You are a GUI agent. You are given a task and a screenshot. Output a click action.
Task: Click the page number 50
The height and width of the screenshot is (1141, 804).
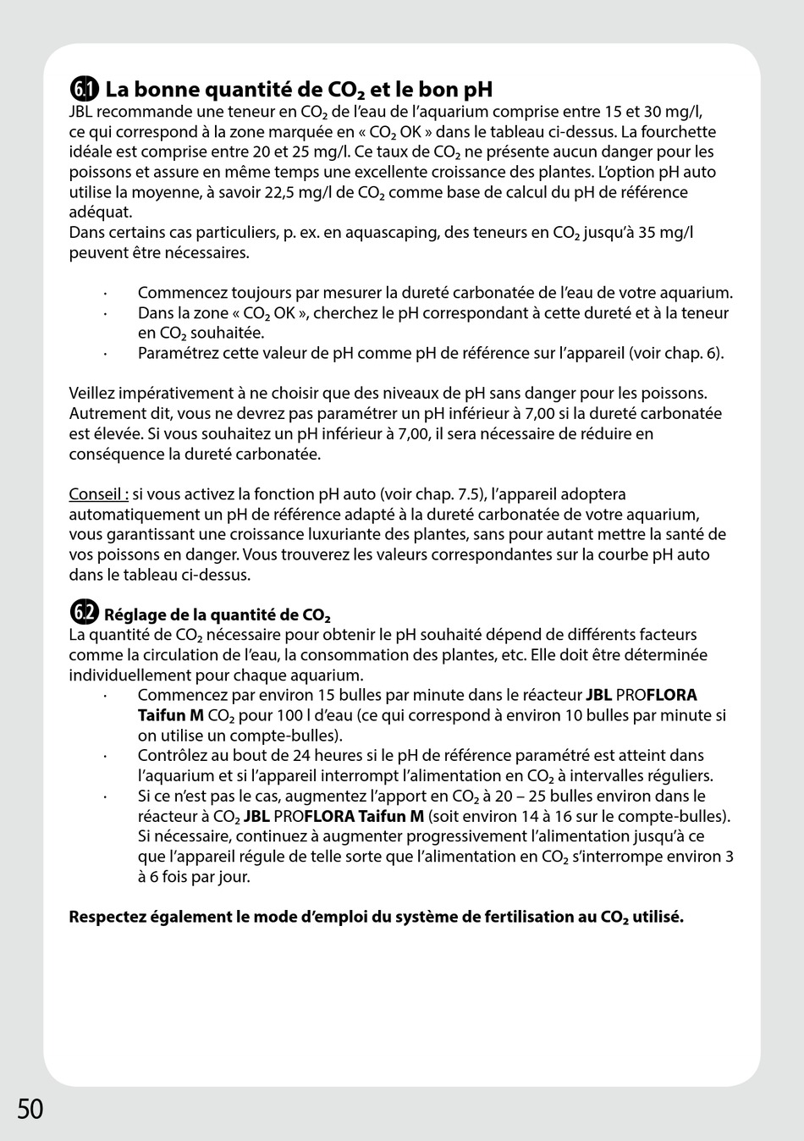30,1108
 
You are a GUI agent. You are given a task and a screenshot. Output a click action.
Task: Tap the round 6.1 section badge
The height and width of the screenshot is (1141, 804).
84,89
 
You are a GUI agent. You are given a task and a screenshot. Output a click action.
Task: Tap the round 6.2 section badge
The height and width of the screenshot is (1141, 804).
84,613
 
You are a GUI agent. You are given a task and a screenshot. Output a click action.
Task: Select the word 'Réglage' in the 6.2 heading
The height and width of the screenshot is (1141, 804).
134,615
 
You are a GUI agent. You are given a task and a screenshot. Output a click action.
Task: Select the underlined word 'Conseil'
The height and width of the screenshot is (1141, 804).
96,494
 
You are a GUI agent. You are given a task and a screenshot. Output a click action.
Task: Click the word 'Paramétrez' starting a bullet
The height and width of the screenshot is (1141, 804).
175,353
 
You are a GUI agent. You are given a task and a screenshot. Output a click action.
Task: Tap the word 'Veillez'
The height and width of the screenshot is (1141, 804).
92,394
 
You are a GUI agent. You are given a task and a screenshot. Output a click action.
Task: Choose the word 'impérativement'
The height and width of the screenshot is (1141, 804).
174,394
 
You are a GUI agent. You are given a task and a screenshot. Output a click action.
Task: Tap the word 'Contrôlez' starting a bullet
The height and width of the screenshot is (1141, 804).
171,756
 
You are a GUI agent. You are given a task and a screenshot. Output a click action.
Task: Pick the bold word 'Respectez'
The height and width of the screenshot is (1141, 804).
107,918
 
